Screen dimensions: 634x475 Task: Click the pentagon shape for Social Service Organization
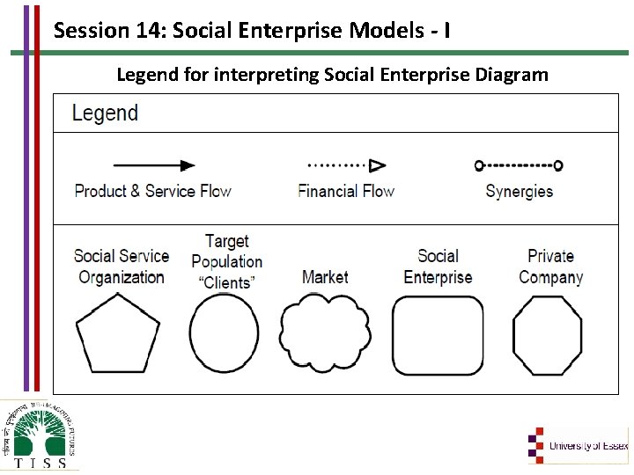(118, 335)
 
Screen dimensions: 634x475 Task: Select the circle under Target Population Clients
(225, 335)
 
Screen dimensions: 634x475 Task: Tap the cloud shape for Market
(324, 335)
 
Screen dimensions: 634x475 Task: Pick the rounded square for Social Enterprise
(438, 335)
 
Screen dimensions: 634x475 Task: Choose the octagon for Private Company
(548, 335)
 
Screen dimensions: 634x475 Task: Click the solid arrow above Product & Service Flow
(154, 165)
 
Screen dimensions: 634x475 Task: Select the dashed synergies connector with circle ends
(518, 165)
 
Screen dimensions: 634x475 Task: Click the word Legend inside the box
(105, 113)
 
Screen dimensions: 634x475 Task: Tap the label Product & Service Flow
(152, 191)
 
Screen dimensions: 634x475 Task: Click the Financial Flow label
(346, 191)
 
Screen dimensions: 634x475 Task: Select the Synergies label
(519, 191)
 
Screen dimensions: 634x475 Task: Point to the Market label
(325, 277)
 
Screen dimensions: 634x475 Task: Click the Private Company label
(550, 267)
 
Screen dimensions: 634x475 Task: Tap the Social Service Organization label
(122, 267)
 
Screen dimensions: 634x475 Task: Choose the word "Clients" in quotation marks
(226, 282)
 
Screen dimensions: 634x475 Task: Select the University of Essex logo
(578, 445)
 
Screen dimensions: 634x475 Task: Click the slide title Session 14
(253, 31)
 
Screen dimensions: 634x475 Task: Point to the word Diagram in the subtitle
(512, 75)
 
